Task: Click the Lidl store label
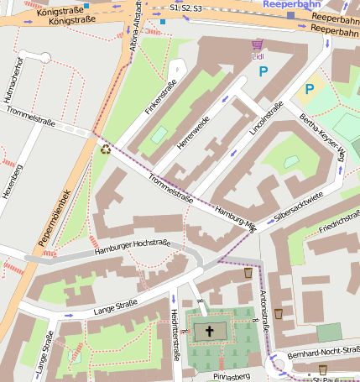[258, 56]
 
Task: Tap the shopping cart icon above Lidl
[258, 44]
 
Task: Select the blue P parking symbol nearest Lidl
[263, 72]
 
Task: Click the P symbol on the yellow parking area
[309, 88]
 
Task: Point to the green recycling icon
[106, 149]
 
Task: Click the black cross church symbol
[209, 332]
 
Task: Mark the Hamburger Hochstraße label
[133, 246]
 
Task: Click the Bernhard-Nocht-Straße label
[321, 349]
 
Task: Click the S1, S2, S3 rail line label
[186, 7]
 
